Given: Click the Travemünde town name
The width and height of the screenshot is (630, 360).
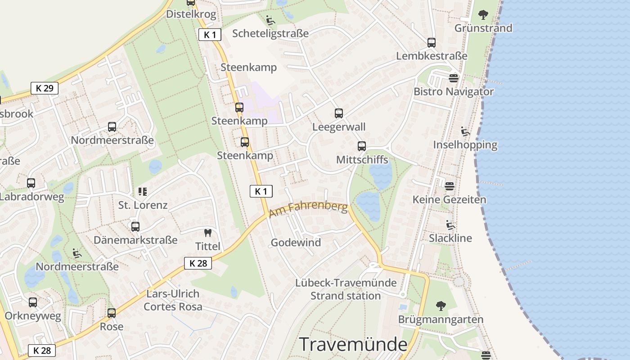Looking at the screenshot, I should coord(353,344).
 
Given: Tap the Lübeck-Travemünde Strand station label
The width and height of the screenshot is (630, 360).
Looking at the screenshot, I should coord(346,289).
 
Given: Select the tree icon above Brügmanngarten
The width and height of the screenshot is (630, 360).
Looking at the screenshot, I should coord(441,306).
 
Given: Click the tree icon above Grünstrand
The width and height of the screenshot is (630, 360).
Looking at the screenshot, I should coord(483,15).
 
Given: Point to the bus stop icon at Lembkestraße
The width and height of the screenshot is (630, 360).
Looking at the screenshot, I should coord(432,43).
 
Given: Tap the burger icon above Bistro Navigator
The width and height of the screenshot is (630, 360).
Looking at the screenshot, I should coord(454,78).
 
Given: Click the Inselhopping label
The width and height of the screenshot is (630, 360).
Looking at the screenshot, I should coord(465,145).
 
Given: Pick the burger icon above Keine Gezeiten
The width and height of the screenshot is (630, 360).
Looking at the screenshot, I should coord(449,186).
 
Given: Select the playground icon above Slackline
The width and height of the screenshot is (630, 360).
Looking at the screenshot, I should coord(450,225).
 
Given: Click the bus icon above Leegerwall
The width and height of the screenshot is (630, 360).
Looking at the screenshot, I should coord(339,113).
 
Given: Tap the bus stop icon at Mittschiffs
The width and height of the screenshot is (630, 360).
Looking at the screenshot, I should coord(362,146).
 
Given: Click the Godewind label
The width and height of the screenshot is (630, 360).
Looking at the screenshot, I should coord(296,243).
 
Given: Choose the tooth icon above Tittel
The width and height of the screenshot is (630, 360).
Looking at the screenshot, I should coord(207,233).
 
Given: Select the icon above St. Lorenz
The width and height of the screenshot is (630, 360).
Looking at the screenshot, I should coord(143,192).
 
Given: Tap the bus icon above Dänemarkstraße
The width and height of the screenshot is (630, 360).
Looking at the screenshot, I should coord(135,227).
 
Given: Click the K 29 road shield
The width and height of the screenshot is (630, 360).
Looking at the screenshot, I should coord(45,88).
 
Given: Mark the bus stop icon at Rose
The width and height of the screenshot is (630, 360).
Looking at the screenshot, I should coord(112,313).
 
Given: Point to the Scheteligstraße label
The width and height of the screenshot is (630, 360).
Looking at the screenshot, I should coord(270,33).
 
